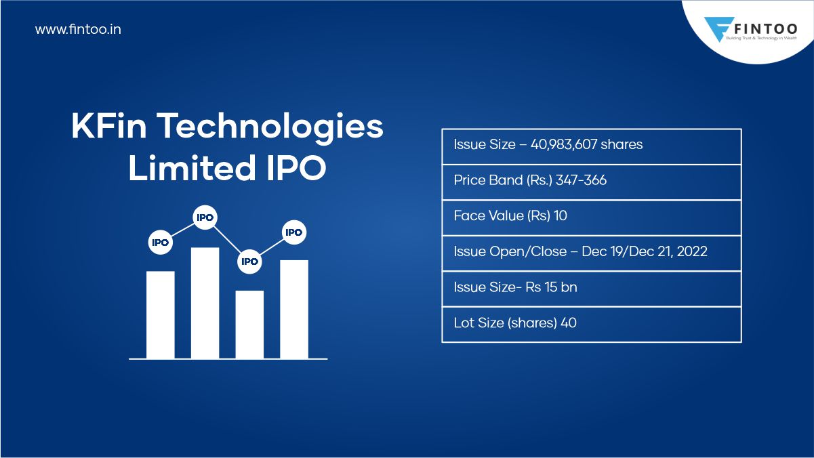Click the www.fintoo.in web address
(78, 30)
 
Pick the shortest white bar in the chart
(249, 325)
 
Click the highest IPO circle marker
(205, 217)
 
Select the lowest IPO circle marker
(249, 262)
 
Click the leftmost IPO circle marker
(160, 242)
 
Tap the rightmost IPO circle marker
(293, 232)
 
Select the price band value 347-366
(581, 180)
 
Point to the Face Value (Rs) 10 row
(510, 216)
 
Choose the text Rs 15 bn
(551, 287)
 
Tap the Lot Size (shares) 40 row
(515, 323)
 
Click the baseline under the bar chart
(228, 359)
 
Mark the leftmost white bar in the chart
(161, 315)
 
